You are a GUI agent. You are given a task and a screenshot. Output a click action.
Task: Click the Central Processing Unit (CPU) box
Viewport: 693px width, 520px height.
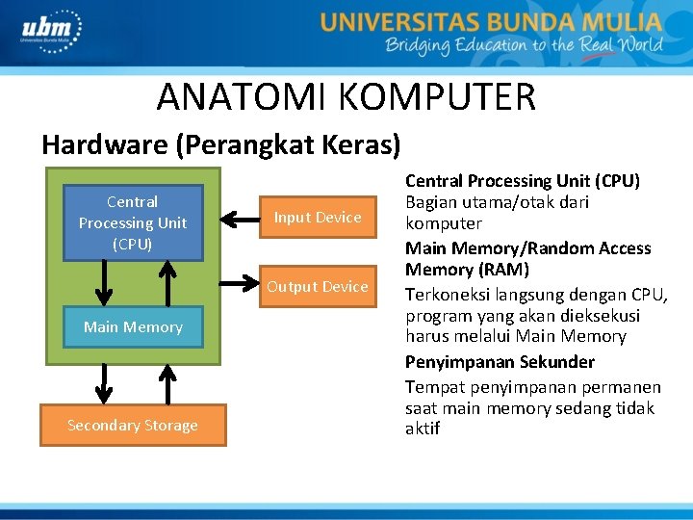(x=133, y=222)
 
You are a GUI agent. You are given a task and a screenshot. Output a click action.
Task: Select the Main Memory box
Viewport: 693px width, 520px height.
(x=133, y=327)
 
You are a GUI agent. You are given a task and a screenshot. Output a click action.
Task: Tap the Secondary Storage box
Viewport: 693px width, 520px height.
(x=133, y=426)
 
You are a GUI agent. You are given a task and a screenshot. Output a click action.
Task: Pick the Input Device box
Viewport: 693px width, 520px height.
(x=318, y=218)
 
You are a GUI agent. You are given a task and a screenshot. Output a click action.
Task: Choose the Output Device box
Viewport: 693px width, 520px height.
(x=318, y=287)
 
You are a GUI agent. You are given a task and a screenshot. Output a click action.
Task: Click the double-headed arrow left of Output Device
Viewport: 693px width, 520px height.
(x=239, y=284)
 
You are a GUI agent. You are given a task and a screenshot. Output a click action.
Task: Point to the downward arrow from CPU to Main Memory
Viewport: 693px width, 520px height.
(x=99, y=283)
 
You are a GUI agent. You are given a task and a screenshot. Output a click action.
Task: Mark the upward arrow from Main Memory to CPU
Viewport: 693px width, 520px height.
(x=167, y=283)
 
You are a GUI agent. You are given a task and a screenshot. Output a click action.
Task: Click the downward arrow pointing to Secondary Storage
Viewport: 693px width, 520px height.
(x=99, y=382)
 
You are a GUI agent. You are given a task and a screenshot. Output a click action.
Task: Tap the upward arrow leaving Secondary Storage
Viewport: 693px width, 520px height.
(x=167, y=382)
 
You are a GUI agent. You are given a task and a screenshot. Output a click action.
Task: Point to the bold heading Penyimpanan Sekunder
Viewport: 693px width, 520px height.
(x=500, y=362)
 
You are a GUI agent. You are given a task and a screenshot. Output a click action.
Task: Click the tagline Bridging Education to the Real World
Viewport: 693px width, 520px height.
(x=524, y=45)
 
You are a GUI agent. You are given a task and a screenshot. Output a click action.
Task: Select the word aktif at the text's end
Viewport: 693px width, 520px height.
(x=423, y=429)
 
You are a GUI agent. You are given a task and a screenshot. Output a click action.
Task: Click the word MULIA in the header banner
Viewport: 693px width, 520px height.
(x=620, y=21)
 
